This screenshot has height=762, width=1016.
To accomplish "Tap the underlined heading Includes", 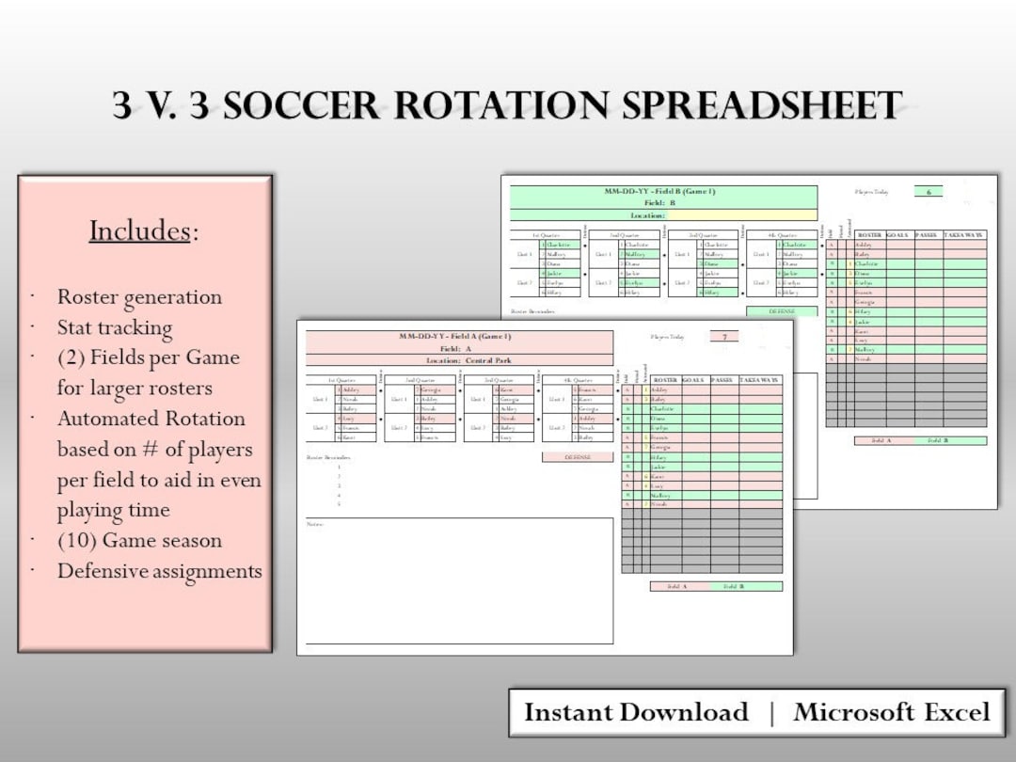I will [139, 230].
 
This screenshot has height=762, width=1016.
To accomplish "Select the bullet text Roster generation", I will [139, 297].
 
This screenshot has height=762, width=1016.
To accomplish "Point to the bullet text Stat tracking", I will [115, 327].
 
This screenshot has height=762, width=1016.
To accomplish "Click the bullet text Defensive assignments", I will [159, 571].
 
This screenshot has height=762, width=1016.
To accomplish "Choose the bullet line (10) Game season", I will [139, 541].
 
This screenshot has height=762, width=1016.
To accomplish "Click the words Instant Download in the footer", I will [636, 712].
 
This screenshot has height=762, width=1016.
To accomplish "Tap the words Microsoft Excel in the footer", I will [892, 712].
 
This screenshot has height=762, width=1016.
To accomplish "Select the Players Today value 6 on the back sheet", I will [928, 192].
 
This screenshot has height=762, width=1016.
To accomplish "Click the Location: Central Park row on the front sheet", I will [459, 360].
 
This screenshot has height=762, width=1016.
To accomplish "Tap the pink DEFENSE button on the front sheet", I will [576, 457].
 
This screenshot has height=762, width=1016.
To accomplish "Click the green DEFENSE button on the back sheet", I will [781, 311].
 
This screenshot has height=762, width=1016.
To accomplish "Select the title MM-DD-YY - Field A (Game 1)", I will [459, 336].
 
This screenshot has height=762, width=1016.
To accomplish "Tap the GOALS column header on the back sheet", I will [897, 235].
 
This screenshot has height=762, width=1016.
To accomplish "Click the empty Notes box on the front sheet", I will [459, 583].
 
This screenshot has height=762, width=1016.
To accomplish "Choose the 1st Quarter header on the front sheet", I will [341, 380].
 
